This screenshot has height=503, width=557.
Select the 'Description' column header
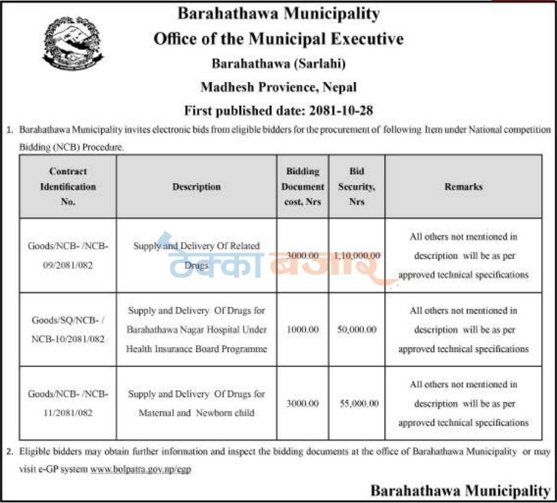pyautogui.click(x=196, y=186)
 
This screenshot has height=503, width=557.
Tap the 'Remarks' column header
pyautogui.click(x=463, y=186)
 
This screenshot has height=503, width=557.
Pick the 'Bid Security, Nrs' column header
pyautogui.click(x=356, y=186)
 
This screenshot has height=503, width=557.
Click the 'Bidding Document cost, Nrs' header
pyautogui.click(x=302, y=186)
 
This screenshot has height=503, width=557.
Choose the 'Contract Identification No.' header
pyautogui.click(x=68, y=186)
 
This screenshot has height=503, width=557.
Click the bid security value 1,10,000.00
pyautogui.click(x=357, y=256)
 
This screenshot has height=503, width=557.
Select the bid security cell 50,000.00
pyautogui.click(x=356, y=329)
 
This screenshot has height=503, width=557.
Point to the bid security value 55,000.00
pyautogui.click(x=359, y=404)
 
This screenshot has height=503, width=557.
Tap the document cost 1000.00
pyautogui.click(x=302, y=329)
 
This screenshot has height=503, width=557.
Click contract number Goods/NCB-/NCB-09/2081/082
pyautogui.click(x=68, y=256)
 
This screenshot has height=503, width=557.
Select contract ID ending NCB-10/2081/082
pyautogui.click(x=68, y=329)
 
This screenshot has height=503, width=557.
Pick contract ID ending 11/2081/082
pyautogui.click(x=68, y=404)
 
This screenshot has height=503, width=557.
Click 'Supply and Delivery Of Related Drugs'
pyautogui.click(x=196, y=255)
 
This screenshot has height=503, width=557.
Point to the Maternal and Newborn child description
pyautogui.click(x=196, y=404)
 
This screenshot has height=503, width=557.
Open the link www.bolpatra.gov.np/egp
pyautogui.click(x=141, y=469)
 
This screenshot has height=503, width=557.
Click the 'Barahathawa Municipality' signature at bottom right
pyautogui.click(x=461, y=490)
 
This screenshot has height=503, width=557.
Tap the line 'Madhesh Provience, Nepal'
pyautogui.click(x=278, y=87)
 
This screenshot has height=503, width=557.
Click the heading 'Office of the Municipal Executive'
pyautogui.click(x=278, y=39)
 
